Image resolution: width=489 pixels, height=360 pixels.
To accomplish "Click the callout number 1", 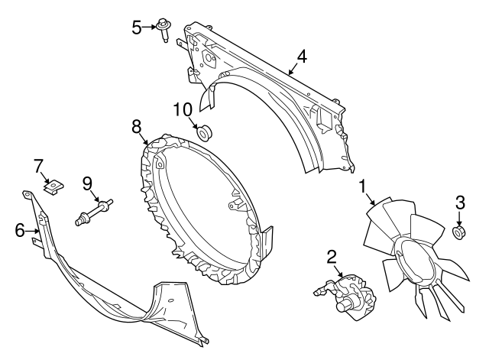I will click(363, 185).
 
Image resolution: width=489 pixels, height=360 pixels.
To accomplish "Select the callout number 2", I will click(332, 256).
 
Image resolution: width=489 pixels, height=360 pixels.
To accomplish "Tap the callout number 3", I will click(459, 203).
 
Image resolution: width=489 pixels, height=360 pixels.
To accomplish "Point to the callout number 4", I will click(302, 57).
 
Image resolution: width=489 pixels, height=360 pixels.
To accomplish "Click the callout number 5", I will click(137, 28).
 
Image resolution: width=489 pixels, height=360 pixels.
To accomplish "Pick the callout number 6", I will click(20, 229).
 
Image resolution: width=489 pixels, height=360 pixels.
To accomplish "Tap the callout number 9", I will click(87, 183).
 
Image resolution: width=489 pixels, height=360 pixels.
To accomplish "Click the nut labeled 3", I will click(459, 232).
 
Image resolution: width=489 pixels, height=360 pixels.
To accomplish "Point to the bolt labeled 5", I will click(165, 30).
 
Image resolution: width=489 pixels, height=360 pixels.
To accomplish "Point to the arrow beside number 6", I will click(34, 229).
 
